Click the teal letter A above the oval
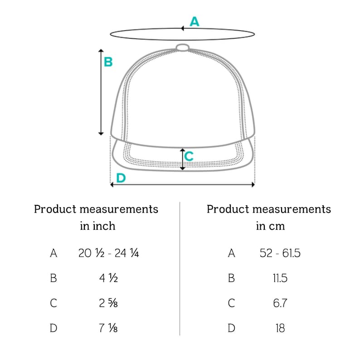[x=195, y=22]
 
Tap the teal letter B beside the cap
[x=108, y=62]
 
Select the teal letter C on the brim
[x=189, y=156]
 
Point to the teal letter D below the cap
[x=121, y=178]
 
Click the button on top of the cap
[x=183, y=48]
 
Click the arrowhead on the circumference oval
[x=182, y=28]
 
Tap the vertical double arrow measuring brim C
[x=183, y=159]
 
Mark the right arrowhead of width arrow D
[x=253, y=185]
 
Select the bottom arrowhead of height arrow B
[x=101, y=133]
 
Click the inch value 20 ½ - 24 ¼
[x=109, y=253]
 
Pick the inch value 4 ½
[x=109, y=278]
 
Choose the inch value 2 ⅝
[x=108, y=303]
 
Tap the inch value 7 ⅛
[x=108, y=328]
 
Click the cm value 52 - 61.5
[x=280, y=253]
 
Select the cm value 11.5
[x=280, y=278]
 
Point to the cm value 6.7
[x=280, y=303]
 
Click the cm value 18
[x=280, y=328]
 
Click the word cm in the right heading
[x=277, y=226]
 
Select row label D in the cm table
[x=231, y=328]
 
